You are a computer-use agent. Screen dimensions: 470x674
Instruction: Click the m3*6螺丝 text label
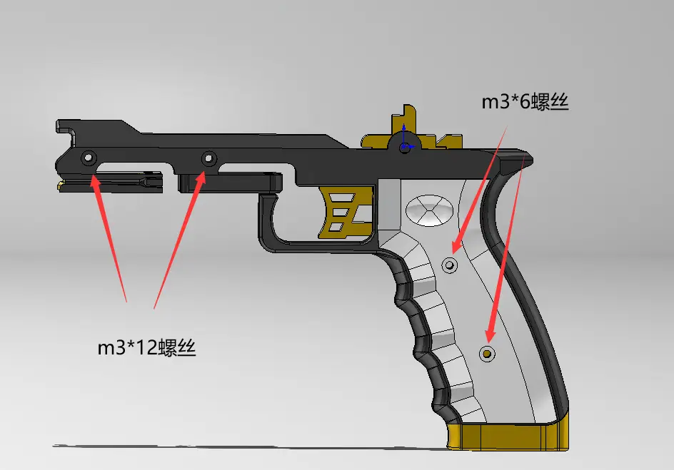tap(524, 101)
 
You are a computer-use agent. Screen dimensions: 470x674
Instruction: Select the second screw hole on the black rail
tap(208, 158)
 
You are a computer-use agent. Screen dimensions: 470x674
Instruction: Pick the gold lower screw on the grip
tap(488, 353)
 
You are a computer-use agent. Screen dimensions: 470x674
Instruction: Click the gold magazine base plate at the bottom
tap(508, 436)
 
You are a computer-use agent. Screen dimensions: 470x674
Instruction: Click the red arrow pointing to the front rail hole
tap(109, 235)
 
